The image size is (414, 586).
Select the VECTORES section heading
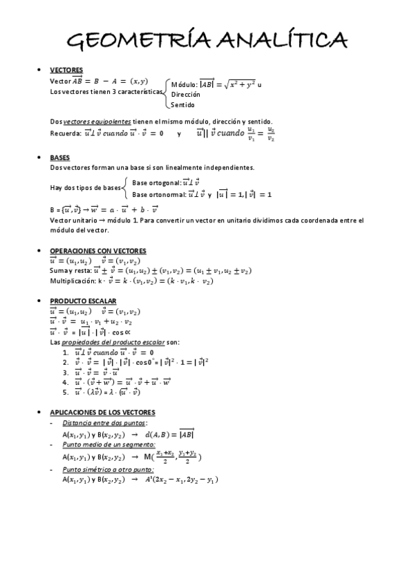66,70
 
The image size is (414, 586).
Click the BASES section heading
60,158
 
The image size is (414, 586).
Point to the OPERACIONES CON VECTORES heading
98,250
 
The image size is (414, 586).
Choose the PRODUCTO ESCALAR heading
83,301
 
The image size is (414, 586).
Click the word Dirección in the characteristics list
186,94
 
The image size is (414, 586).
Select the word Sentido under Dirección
183,105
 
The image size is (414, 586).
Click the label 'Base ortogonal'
155,182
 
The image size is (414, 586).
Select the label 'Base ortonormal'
156,195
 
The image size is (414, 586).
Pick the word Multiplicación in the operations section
73,281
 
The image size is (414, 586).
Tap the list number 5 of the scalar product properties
65,393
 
